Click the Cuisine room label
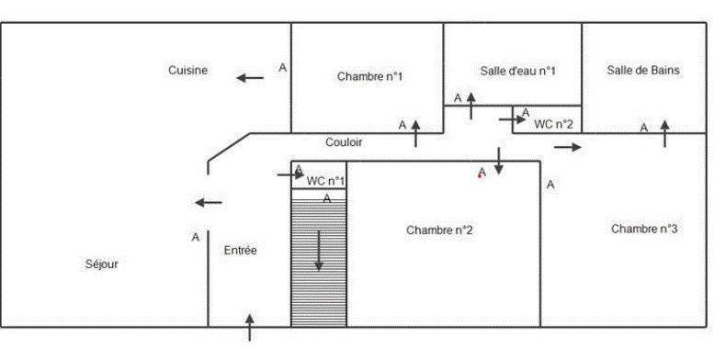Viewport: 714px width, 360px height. pyautogui.click(x=188, y=70)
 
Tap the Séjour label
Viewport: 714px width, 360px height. pyautogui.click(x=102, y=264)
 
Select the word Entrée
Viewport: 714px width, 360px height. pyautogui.click(x=241, y=251)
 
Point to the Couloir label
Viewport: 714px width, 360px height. pyautogui.click(x=344, y=142)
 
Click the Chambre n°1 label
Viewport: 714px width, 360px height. pyautogui.click(x=369, y=76)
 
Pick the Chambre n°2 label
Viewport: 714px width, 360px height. pyautogui.click(x=439, y=231)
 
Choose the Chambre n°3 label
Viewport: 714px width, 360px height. pyautogui.click(x=644, y=229)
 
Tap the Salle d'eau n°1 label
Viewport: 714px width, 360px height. pyautogui.click(x=517, y=71)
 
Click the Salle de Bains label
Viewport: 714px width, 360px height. pyautogui.click(x=643, y=70)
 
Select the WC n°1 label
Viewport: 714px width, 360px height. pyautogui.click(x=325, y=181)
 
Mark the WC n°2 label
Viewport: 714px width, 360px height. pyautogui.click(x=553, y=124)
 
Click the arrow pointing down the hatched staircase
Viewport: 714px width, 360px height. pyautogui.click(x=319, y=251)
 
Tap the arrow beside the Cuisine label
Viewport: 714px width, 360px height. pyautogui.click(x=250, y=78)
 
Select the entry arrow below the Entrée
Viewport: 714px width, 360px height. pyautogui.click(x=250, y=328)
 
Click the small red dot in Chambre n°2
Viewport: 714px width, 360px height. pyautogui.click(x=480, y=176)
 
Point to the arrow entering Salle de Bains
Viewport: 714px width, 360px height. pyautogui.click(x=664, y=134)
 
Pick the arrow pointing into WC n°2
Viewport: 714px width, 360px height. pyautogui.click(x=513, y=119)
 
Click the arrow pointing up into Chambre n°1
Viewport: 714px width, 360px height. pyautogui.click(x=415, y=134)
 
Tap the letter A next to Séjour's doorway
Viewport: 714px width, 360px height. pyautogui.click(x=196, y=237)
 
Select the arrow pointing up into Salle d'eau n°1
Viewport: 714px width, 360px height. pyautogui.click(x=470, y=106)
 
